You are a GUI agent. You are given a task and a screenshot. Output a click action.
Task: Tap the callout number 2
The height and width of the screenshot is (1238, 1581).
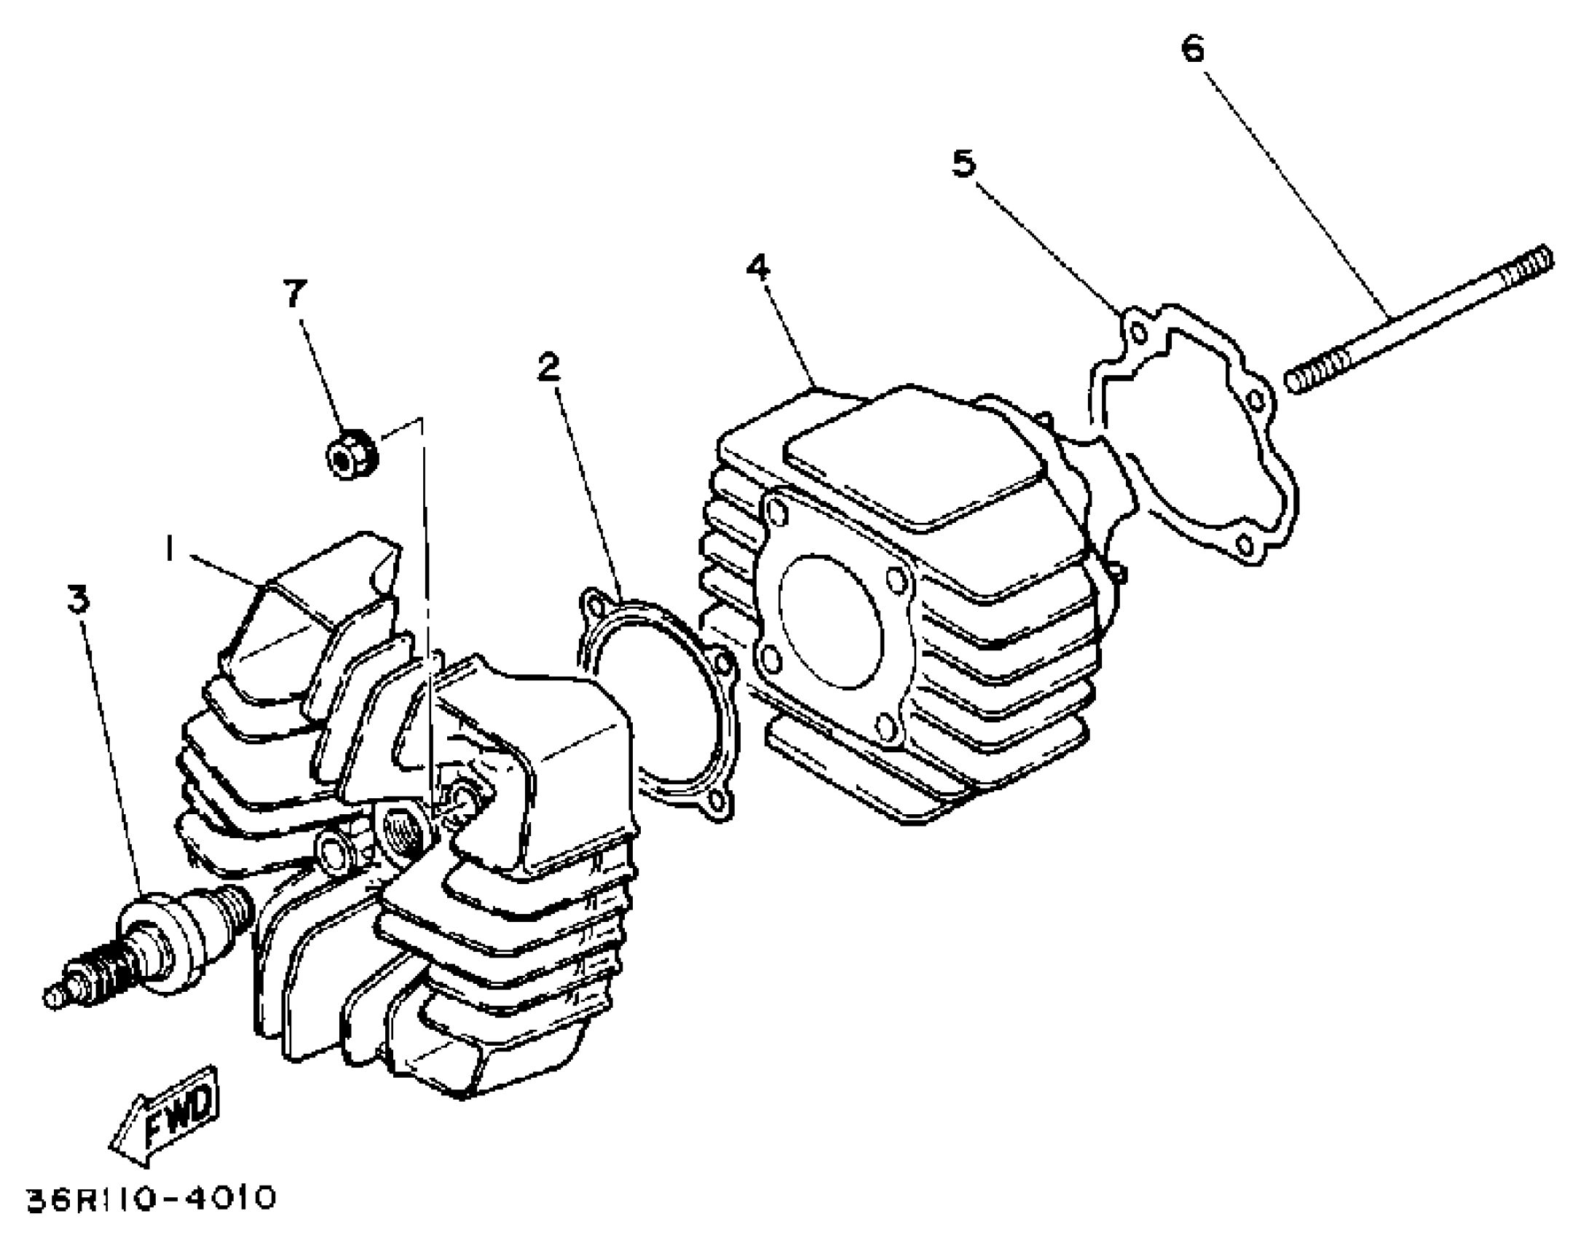tap(549, 366)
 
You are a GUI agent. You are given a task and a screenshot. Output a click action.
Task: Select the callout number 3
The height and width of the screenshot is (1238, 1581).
tap(78, 598)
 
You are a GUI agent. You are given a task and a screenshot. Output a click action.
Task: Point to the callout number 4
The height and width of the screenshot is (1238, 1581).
tap(758, 268)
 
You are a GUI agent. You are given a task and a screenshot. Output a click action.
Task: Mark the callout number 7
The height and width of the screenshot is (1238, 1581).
tap(294, 293)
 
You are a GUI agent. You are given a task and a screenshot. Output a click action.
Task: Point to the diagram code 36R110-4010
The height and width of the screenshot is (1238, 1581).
tap(151, 1198)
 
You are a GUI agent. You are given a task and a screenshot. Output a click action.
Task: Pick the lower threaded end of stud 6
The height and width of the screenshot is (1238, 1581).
tap(1315, 371)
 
